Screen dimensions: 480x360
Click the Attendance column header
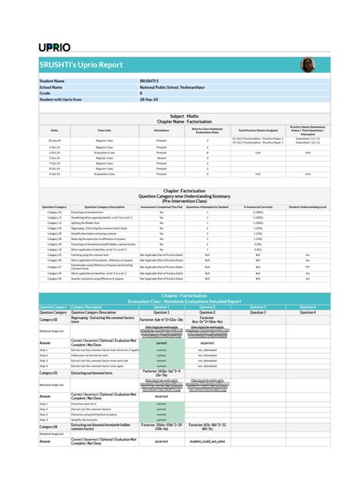[x=161, y=131]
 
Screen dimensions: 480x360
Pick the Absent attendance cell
[x=161, y=157]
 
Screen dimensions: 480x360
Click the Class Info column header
[x=105, y=131]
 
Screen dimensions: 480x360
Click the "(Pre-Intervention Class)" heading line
[x=180, y=201]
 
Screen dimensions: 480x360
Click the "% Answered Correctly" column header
[x=257, y=207]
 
